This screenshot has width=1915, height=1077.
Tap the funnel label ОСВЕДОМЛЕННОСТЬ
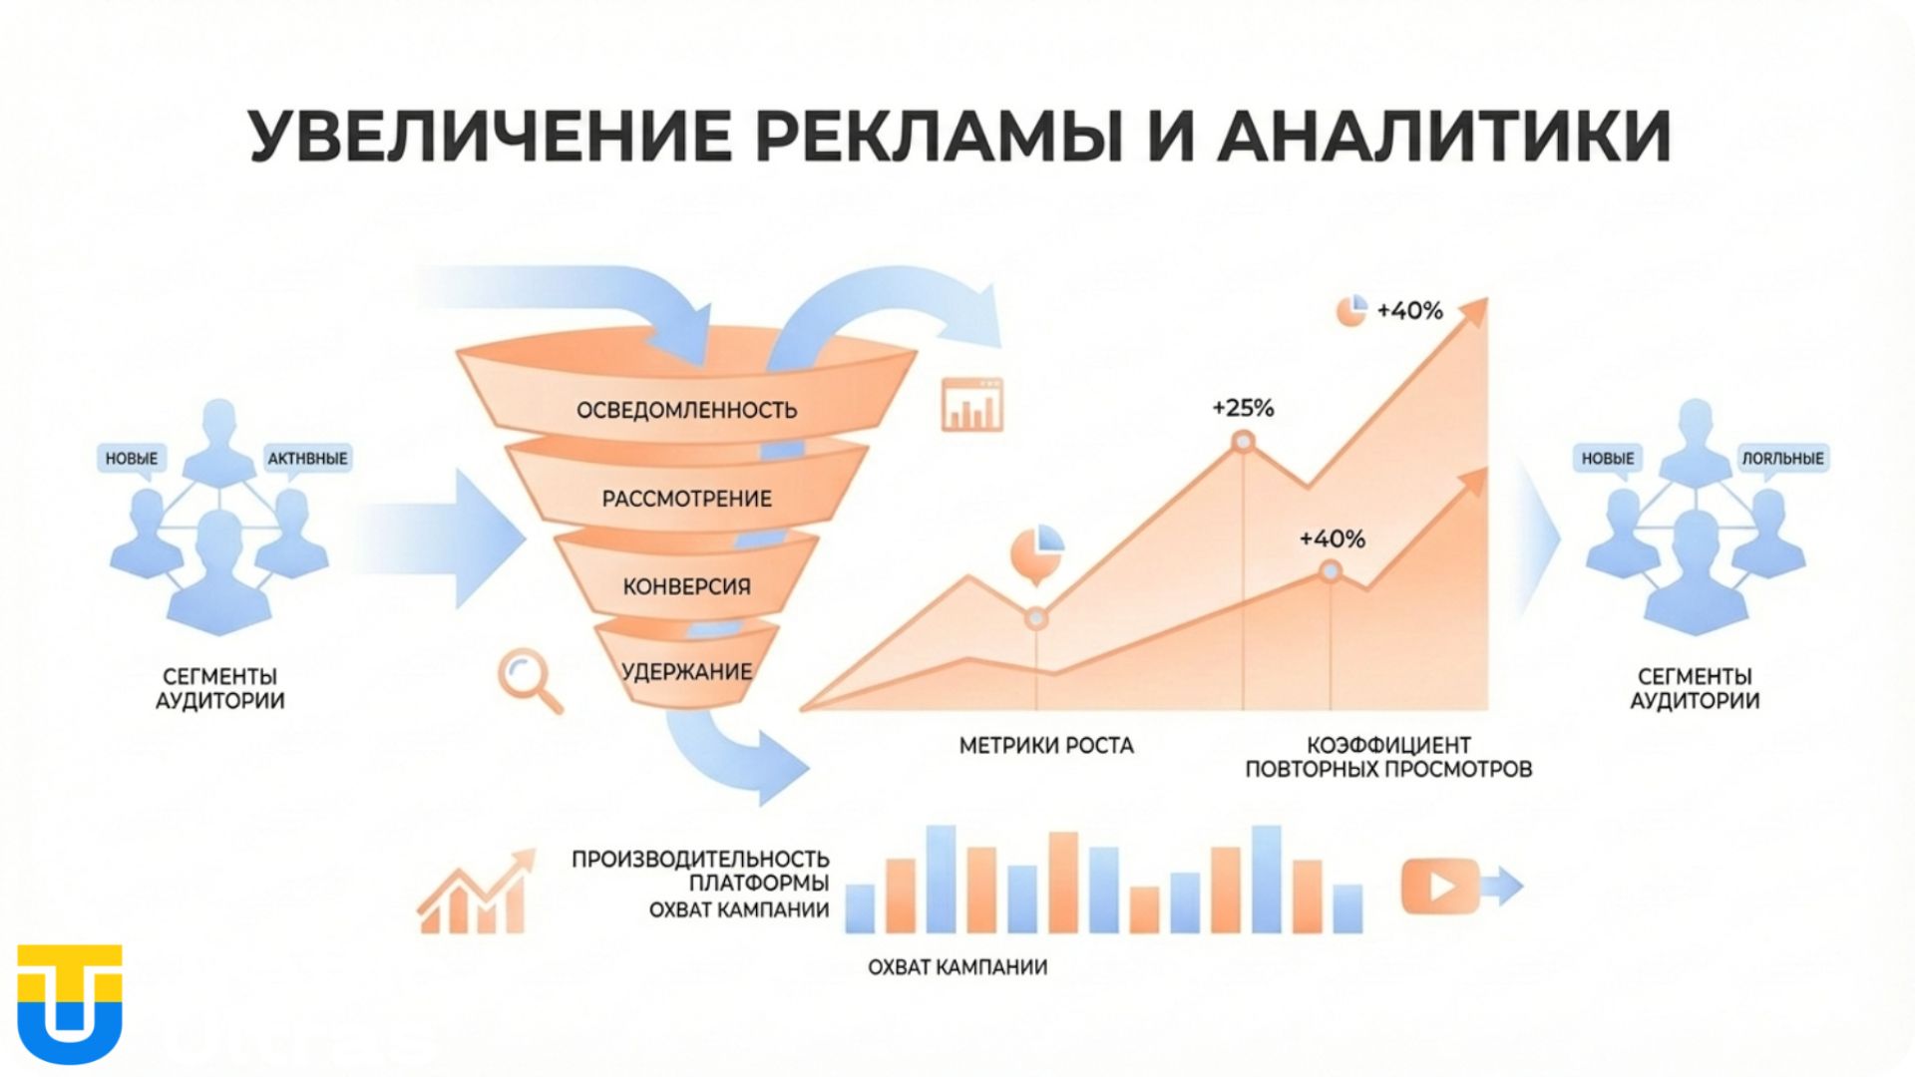click(686, 410)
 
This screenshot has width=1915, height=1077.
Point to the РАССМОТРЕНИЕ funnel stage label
click(686, 499)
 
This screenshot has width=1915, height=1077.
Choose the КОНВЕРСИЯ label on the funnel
click(686, 586)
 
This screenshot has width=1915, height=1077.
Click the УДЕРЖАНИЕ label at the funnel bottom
click(686, 671)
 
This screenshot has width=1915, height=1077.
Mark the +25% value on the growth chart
click(1243, 408)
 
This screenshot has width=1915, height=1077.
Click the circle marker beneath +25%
click(1243, 441)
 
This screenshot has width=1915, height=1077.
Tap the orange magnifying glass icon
click(528, 679)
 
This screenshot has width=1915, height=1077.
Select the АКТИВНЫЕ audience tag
click(307, 459)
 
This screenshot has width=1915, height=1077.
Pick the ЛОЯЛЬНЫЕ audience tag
click(1782, 459)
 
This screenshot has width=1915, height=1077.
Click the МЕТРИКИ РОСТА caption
click(1046, 746)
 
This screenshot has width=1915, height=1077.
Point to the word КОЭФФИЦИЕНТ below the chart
click(1388, 746)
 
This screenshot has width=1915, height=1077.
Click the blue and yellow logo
click(70, 1003)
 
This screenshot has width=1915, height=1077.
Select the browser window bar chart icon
click(972, 404)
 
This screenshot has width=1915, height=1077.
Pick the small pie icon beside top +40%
click(1350, 310)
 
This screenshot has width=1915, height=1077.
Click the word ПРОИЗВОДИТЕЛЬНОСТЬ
click(700, 859)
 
